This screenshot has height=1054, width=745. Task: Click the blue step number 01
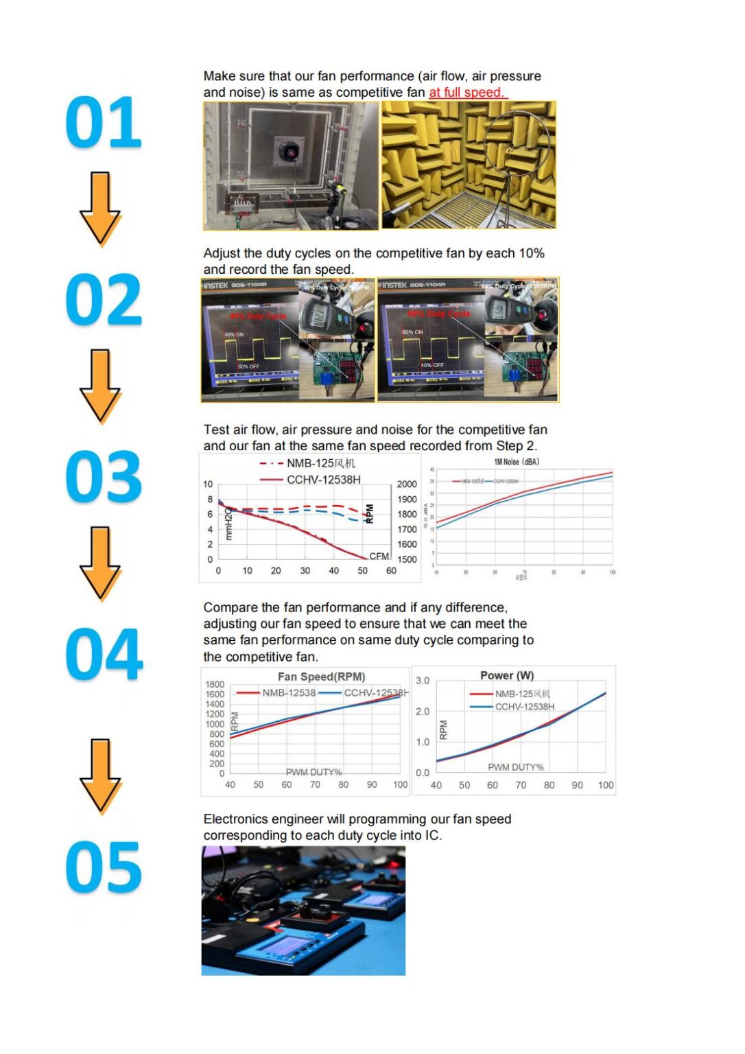tap(104, 122)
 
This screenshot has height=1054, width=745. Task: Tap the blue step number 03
tap(104, 477)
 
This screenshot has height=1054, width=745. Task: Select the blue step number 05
tap(104, 867)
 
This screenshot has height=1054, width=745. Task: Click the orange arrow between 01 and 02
tap(100, 209)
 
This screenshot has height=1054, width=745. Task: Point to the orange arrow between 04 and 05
tap(100, 776)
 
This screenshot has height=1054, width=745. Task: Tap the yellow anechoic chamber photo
tap(469, 165)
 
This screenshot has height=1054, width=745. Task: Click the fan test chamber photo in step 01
tap(291, 165)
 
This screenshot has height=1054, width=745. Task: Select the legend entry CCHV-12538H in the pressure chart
tap(323, 480)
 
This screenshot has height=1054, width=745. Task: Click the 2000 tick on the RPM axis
tap(407, 484)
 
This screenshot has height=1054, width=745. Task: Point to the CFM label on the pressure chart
tap(379, 557)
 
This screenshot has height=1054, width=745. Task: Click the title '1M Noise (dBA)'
tap(516, 462)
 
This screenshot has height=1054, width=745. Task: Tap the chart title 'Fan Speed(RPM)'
tap(321, 677)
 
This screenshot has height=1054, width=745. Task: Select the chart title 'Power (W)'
tap(507, 676)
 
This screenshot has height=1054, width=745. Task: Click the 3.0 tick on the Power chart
tap(423, 681)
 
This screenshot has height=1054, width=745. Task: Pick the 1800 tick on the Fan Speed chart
tap(215, 684)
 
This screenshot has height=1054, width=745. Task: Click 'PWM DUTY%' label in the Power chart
tap(515, 767)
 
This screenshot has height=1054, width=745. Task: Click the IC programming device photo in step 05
tap(303, 911)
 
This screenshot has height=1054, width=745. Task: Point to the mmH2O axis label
tap(229, 523)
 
